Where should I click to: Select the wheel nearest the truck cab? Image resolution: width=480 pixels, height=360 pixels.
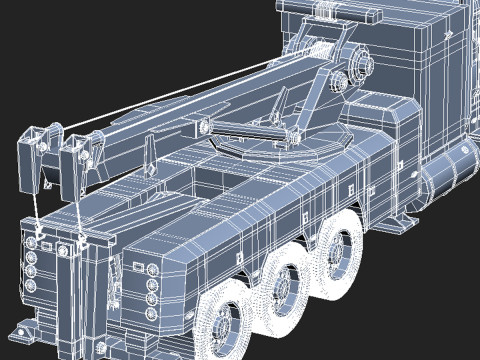[341, 250]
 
